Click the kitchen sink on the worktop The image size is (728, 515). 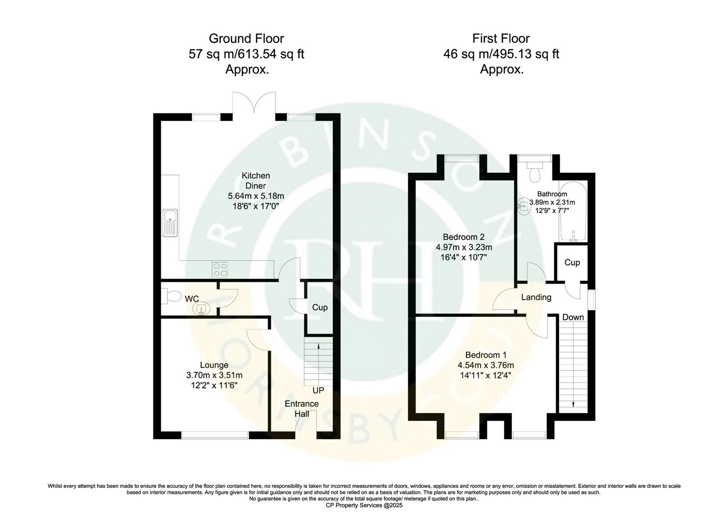[x=170, y=223]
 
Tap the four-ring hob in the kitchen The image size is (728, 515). [x=219, y=269]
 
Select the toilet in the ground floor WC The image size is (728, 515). [x=171, y=297]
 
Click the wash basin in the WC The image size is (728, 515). [x=202, y=309]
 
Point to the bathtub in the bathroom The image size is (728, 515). [x=574, y=212]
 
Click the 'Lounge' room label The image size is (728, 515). [x=214, y=365]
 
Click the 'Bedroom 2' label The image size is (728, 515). [x=464, y=237]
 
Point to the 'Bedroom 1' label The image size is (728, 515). [x=485, y=355]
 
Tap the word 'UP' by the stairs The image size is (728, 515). [x=318, y=391]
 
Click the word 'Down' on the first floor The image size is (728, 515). [x=573, y=317]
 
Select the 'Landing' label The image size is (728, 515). [x=536, y=298]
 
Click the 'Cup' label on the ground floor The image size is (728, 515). [x=320, y=308]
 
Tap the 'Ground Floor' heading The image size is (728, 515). [x=246, y=38]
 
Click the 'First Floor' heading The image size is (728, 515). [x=501, y=38]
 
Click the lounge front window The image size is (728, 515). [x=215, y=434]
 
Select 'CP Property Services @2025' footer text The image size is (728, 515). [x=364, y=505]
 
